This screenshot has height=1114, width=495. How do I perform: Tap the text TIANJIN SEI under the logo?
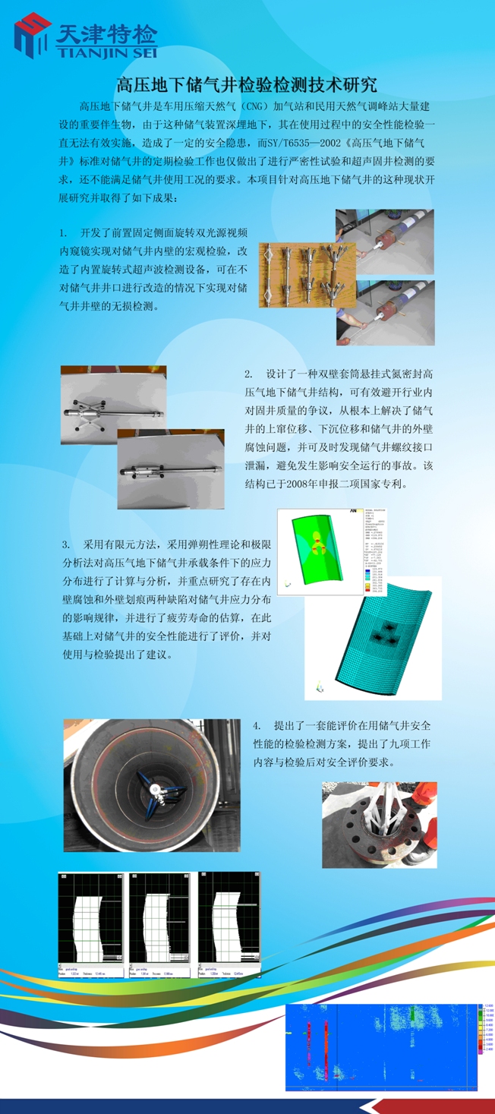coord(106,52)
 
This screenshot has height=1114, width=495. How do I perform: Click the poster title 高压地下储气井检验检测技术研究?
coord(247,84)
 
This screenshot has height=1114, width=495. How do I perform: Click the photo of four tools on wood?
coord(297,275)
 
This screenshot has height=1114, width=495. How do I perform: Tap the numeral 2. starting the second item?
coord(248,374)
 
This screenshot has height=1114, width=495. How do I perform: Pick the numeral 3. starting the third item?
coord(66,544)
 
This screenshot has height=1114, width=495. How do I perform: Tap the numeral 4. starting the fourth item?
coord(257,726)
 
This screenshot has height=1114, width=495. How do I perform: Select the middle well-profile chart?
coord(161,927)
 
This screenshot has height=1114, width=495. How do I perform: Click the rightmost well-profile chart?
coord(229,927)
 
